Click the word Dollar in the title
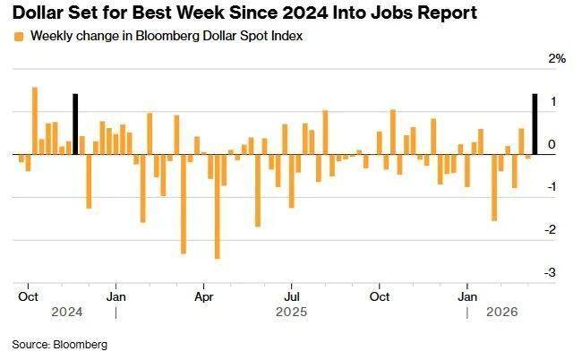pos(39,13)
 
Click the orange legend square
pos(19,36)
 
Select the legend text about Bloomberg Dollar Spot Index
pos(166,36)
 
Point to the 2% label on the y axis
pos(557,59)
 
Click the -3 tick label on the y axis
pos(557,272)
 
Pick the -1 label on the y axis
pos(557,187)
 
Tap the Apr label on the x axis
pos(204,295)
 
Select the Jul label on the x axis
pos(292,295)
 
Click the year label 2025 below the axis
pos(292,313)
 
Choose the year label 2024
pos(67,313)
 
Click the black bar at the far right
pos(535,124)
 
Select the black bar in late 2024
pos(75,124)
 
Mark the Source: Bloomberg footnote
pos(59,344)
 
